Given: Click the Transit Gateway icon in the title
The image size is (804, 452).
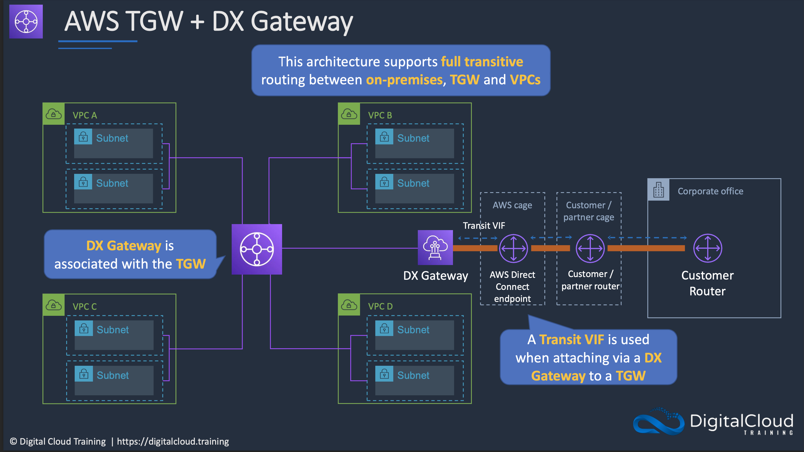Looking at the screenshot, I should click(x=26, y=22).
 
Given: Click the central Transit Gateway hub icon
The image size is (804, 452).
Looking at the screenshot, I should click(x=256, y=249).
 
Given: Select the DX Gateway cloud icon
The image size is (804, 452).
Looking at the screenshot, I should click(x=435, y=247).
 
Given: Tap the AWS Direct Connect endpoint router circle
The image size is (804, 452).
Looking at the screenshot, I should click(x=513, y=248).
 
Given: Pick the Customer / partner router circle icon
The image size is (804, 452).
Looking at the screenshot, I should click(x=590, y=248).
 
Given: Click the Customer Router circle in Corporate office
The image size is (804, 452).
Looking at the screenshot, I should click(x=707, y=248).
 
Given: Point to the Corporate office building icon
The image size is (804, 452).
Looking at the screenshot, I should click(x=658, y=190).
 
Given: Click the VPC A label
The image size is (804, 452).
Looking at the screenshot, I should click(x=84, y=115).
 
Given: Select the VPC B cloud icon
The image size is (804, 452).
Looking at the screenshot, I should click(x=349, y=114).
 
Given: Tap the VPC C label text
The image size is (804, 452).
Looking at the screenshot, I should click(x=84, y=306).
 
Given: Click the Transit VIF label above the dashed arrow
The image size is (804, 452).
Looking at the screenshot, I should click(x=483, y=225).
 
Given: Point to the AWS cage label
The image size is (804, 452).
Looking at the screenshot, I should click(x=512, y=205).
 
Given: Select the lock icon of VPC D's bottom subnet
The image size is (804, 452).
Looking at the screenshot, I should click(x=384, y=374).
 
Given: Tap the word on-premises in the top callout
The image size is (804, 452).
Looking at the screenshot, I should click(x=404, y=80).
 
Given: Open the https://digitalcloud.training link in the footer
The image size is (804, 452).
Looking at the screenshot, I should click(x=173, y=441).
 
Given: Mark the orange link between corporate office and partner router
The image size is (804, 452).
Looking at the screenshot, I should click(x=646, y=248).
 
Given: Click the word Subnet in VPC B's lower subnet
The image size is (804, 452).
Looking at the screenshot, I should click(x=413, y=183).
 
